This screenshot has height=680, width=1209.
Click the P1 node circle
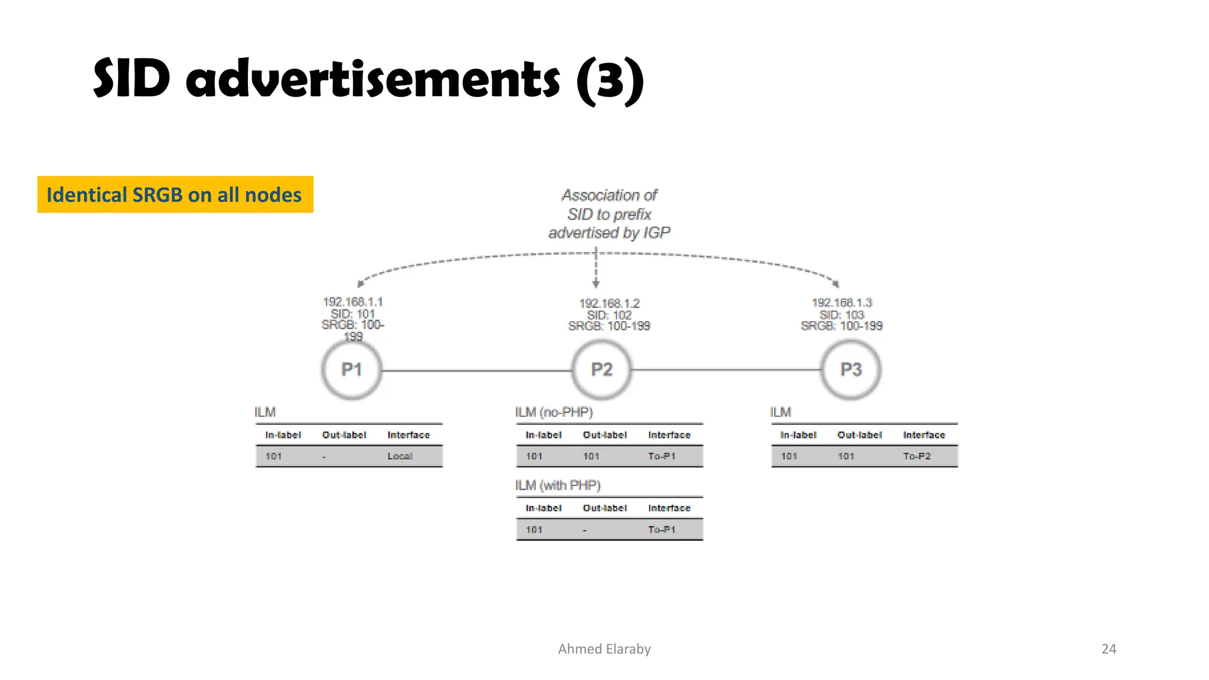coord(352,370)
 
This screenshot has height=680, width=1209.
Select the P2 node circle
coord(602,370)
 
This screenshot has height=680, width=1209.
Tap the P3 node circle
coord(851,370)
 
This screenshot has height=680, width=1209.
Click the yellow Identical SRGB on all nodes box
coord(175,195)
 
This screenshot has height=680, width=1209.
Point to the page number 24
coord(1109,649)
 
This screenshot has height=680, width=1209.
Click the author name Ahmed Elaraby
coord(604,649)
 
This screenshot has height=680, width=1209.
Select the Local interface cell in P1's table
coord(400,456)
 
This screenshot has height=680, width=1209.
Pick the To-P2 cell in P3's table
coord(917,456)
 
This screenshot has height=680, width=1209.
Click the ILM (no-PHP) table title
coord(554,412)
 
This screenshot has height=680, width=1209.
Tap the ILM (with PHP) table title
coord(558,485)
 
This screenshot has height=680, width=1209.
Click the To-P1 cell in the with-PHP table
coord(662,529)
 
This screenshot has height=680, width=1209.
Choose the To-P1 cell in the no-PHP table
coord(662,456)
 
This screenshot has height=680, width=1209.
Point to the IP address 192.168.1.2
coord(609,303)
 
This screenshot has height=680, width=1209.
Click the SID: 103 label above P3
coord(842,315)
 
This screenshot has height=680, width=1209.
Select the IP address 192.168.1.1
coord(352,302)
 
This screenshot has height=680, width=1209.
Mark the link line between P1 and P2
coord(477,371)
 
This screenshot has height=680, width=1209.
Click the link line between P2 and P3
coord(726,370)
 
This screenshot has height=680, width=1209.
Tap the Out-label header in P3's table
coord(860,435)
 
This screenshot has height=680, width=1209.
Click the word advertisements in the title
coord(372,80)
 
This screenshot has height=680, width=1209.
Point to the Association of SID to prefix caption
coord(609,214)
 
